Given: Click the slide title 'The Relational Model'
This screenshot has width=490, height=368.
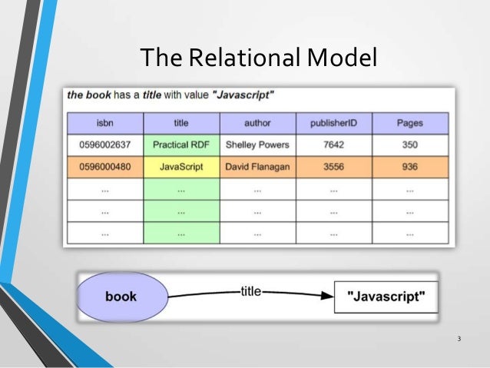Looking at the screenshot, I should pos(258,57).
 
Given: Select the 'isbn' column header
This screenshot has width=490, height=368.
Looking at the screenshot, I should pos(105,123).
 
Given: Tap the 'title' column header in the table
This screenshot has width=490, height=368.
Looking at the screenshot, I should pos(181,123).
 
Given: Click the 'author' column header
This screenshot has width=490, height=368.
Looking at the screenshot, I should pos(257,123).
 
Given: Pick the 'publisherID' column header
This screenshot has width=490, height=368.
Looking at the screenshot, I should pos(333,123).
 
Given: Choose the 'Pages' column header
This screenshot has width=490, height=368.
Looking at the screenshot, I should pos(409,123).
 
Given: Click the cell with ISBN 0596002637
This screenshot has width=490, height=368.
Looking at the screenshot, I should pos(105,144).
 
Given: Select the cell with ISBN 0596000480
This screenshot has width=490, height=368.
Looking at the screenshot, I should pos(105,167).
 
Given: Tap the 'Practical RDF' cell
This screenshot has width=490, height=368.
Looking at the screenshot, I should pos(181,144).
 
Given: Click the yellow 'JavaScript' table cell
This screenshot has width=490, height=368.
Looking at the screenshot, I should pos(181,167).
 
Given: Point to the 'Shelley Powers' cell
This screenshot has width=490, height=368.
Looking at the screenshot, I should pos(257,144).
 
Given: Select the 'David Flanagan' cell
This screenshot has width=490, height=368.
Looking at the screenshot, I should pos(257,167).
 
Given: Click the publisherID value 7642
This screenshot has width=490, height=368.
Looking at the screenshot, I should pos(333,144).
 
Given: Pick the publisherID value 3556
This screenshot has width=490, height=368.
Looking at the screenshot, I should pos(333,167).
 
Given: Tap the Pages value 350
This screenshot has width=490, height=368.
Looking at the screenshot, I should pos(409,144).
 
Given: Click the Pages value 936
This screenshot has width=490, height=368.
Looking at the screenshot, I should pos(409,167).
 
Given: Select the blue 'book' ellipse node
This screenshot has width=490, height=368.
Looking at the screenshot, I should pos(121,297).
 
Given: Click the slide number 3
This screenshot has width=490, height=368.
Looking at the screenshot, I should pos(459,340).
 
